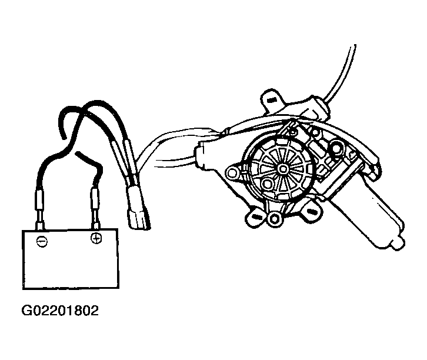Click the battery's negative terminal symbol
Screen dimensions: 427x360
pyautogui.click(x=42, y=242)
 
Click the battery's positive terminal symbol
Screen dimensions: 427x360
pyautogui.click(x=96, y=238)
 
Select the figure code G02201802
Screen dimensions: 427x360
pyautogui.click(x=60, y=311)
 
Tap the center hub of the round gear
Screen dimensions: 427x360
pyautogui.click(x=283, y=169)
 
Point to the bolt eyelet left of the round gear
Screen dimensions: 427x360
pyautogui.click(x=232, y=172)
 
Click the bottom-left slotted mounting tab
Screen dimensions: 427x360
pyautogui.click(x=255, y=217)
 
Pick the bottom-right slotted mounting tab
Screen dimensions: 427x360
pyautogui.click(x=311, y=211)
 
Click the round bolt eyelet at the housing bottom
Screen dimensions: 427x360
pyautogui.click(x=275, y=218)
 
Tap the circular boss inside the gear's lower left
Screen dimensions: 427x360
pyautogui.click(x=267, y=184)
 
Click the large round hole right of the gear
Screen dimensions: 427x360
pyautogui.click(x=336, y=148)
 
